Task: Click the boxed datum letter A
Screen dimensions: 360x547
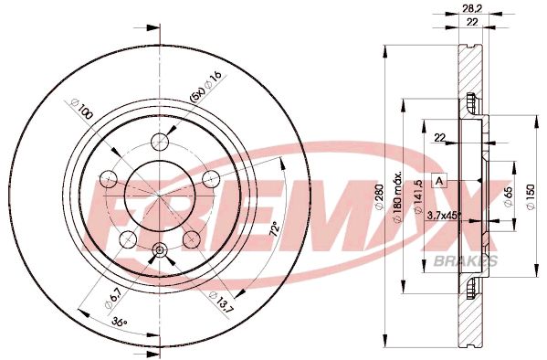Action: click(x=439, y=180)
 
